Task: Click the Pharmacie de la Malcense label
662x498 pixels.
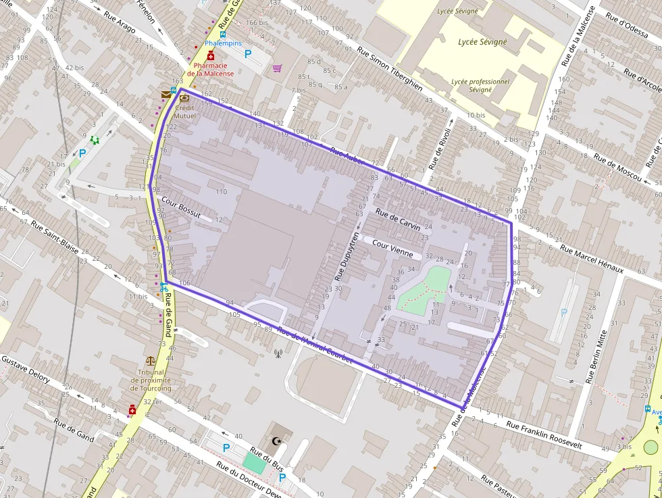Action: (210, 70)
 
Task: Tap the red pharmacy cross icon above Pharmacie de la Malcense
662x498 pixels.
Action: (211, 56)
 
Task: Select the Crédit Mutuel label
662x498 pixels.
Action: (184, 111)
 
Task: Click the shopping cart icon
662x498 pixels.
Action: (277, 68)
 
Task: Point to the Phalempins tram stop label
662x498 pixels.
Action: (223, 43)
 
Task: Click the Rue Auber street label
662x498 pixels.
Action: (347, 155)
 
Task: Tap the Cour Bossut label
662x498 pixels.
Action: (181, 207)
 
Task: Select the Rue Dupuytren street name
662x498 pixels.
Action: (345, 257)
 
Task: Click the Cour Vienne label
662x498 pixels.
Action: (392, 249)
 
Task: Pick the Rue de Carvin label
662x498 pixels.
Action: (398, 220)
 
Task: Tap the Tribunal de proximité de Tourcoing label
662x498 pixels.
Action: (151, 380)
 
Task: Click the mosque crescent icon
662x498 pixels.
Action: (275, 441)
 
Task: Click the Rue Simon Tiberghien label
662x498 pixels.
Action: (390, 69)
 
